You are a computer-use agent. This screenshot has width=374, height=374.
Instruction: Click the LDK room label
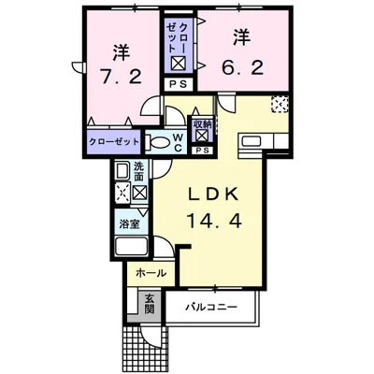tap(214, 195)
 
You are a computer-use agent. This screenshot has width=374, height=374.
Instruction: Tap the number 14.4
tap(214, 221)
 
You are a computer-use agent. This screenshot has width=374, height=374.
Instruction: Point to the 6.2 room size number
tap(243, 66)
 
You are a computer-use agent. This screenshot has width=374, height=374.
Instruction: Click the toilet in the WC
tap(156, 142)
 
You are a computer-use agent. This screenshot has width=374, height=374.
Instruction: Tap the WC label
tap(178, 143)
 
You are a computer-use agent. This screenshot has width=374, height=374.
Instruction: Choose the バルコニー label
tap(211, 308)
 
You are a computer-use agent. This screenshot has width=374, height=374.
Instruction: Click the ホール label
tap(151, 273)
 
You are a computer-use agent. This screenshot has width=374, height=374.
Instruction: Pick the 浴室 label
tap(129, 223)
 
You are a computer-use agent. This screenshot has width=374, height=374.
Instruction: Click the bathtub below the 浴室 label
tap(131, 246)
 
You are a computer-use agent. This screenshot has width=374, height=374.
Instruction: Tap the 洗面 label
tap(138, 171)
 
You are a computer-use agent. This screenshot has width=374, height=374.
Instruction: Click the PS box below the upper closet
tap(180, 84)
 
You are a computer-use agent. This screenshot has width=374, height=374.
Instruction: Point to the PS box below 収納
tap(202, 151)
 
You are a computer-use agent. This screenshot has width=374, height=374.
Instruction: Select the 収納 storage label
tap(202, 124)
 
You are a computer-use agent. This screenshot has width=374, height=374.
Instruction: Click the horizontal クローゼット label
tap(114, 142)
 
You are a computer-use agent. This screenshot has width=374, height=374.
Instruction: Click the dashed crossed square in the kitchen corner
tap(280, 104)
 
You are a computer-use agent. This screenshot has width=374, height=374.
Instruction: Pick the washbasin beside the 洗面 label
tap(122, 171)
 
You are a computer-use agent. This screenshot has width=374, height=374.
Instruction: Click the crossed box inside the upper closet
tap(179, 65)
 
